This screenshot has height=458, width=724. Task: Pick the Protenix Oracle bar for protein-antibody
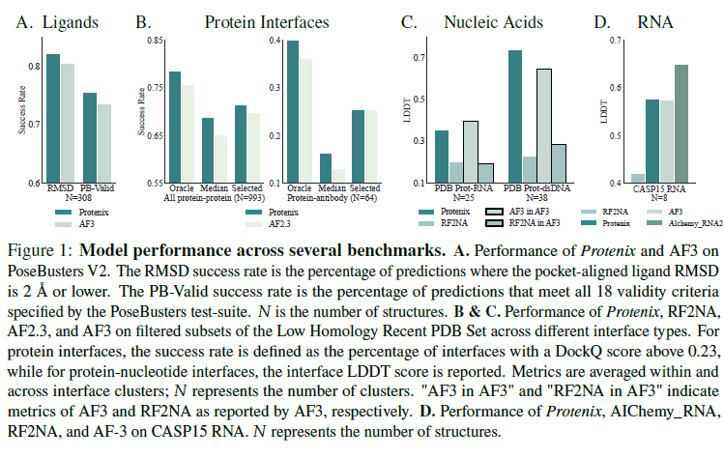click(293, 111)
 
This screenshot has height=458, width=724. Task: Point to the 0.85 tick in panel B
click(155, 40)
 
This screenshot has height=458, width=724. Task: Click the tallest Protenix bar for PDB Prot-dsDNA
click(515, 116)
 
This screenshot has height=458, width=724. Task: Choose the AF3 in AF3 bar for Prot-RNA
click(471, 151)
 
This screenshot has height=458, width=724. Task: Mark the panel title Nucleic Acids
click(478, 19)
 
